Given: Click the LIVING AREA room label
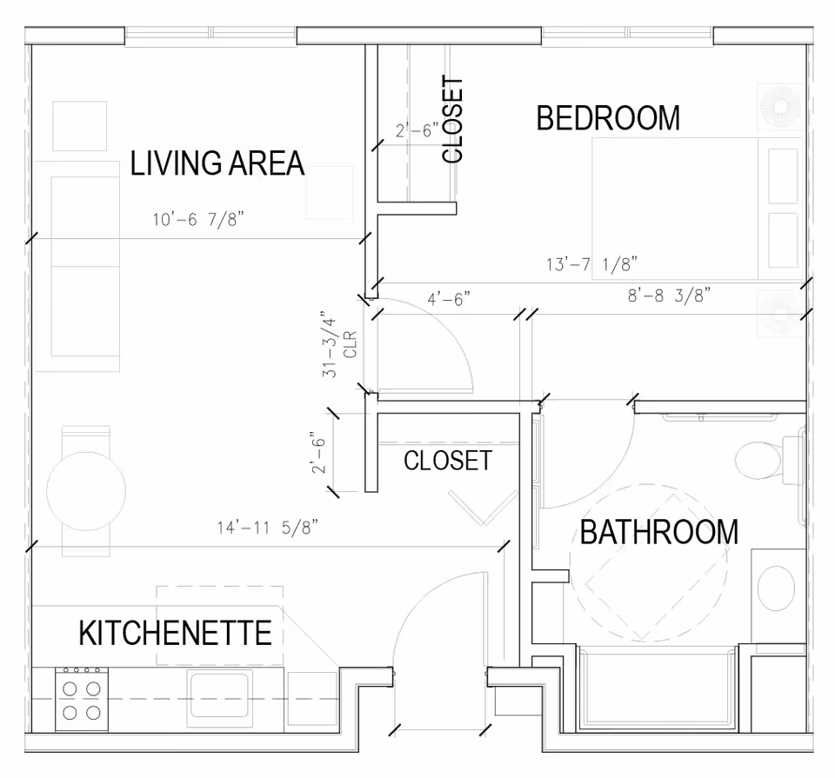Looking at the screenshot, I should pos(217,163).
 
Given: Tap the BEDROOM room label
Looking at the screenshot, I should pos(607,118).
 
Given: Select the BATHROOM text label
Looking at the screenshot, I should pos(658,532).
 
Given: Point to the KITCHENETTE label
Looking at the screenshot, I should pos(175,633).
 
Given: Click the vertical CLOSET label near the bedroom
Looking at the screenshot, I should pos(452,119).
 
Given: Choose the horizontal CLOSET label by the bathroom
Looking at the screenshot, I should pos(448,461).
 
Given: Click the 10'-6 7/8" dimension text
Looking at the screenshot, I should pos(198,220).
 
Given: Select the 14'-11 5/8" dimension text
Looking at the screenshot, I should pos(268,527).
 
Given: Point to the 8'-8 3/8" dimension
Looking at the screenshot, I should pos(670,296).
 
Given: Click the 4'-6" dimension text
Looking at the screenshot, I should pos(449,299).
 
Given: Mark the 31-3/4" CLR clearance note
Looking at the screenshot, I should pos(338,345).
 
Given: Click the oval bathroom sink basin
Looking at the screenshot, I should pos(776,588).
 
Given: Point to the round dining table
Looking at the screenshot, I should pos(84,490).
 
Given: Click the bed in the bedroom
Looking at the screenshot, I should pos(696,209).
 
